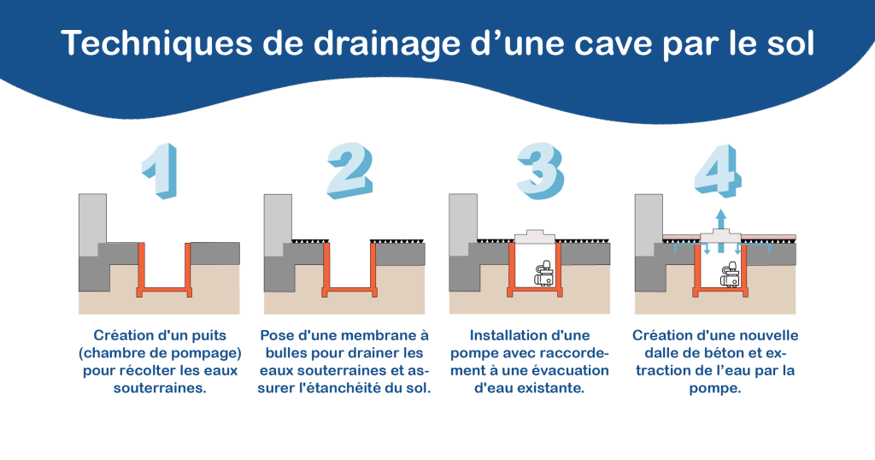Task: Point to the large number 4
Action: pyautogui.click(x=719, y=171)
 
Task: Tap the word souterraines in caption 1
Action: pyautogui.click(x=160, y=388)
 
